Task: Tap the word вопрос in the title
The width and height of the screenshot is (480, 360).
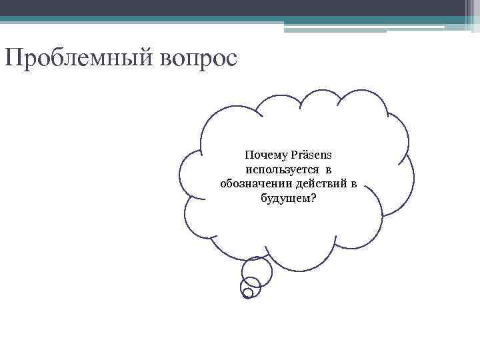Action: coord(198,59)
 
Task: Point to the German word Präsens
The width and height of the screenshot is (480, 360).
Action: coord(307,155)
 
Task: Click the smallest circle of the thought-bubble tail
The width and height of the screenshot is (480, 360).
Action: coord(248,293)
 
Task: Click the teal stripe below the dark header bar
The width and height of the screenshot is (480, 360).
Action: coord(200,19)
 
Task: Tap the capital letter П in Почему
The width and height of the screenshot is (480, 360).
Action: coord(249,155)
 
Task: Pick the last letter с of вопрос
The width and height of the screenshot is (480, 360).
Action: coord(231,59)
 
